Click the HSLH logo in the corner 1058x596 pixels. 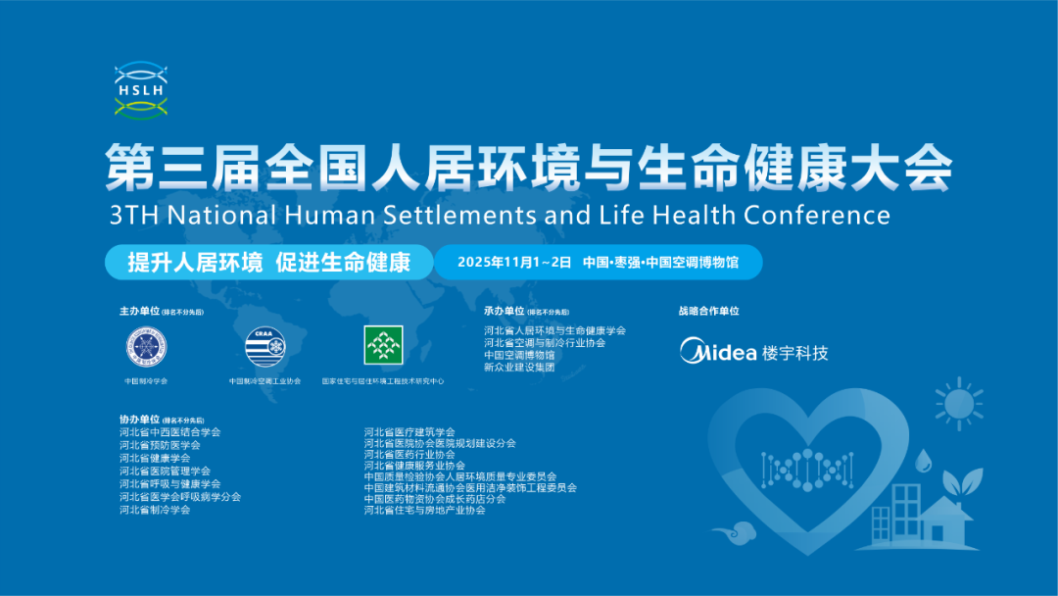pyautogui.click(x=139, y=89)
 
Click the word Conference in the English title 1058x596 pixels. pyautogui.click(x=816, y=214)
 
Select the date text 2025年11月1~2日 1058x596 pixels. pyautogui.click(x=514, y=262)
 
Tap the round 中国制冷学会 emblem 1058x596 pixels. pyautogui.click(x=146, y=346)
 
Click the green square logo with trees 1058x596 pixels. pyautogui.click(x=383, y=345)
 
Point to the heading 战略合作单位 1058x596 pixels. pyautogui.click(x=708, y=311)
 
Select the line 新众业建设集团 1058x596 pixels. pyautogui.click(x=519, y=367)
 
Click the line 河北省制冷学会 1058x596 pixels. pyautogui.click(x=155, y=510)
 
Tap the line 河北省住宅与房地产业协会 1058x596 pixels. pyautogui.click(x=424, y=510)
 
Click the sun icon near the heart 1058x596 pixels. pyautogui.click(x=958, y=404)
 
